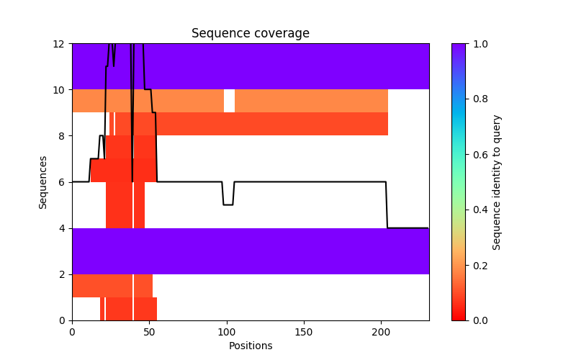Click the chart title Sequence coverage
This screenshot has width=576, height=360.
(250, 34)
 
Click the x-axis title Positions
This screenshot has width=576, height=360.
(250, 346)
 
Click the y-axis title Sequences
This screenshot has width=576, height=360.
(43, 182)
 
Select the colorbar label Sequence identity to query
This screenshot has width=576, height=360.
(497, 182)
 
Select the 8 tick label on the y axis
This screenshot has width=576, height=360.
(63, 136)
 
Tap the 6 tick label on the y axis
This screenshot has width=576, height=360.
(63, 182)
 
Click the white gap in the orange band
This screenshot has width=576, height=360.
(229, 101)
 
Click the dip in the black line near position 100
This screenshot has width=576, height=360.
(228, 204)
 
